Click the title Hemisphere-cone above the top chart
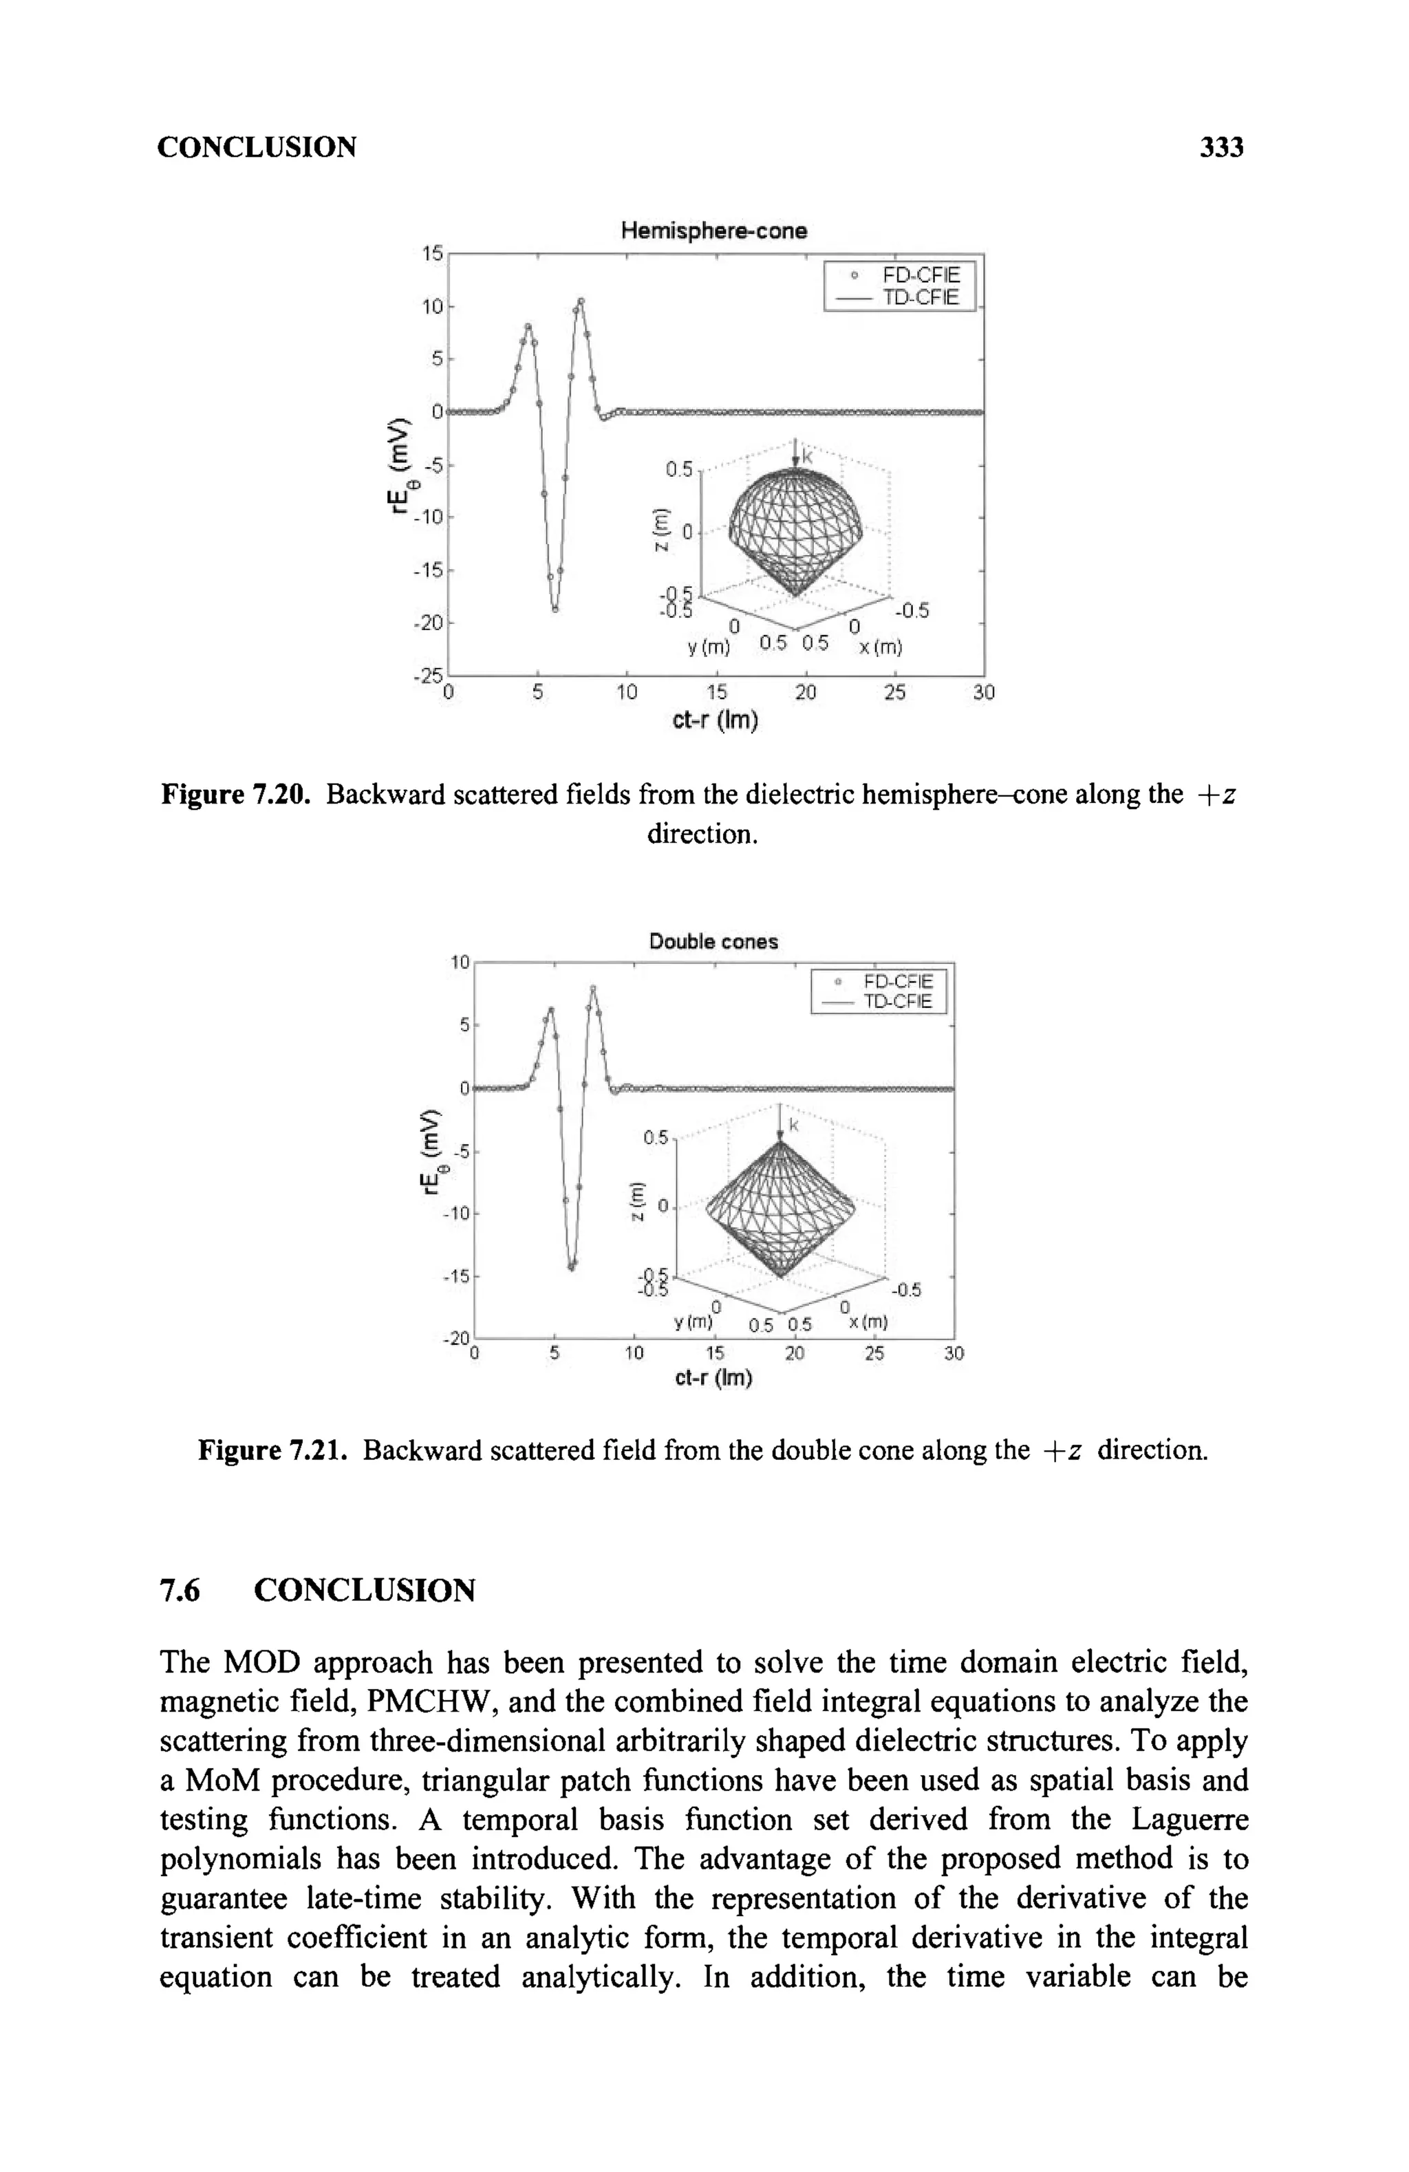713,231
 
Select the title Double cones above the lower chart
713,941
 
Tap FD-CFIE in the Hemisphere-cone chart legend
921,275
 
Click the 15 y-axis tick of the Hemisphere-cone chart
431,254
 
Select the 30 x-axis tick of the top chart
983,693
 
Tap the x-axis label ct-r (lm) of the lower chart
713,1379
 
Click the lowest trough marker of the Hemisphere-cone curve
555,610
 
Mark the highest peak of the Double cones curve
593,987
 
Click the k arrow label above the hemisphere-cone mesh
808,452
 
